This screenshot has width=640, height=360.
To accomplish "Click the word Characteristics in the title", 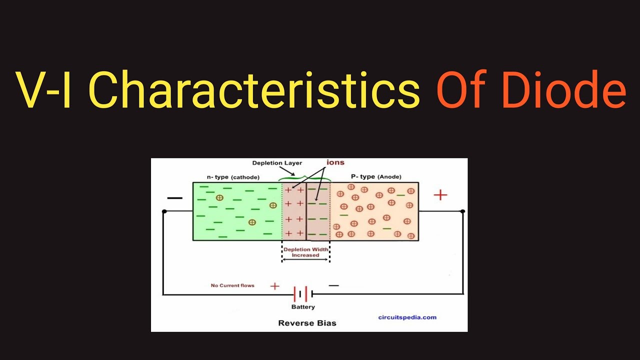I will tap(254, 90).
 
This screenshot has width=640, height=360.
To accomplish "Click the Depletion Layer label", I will tap(277, 163).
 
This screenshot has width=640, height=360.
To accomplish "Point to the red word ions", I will tap(335, 162).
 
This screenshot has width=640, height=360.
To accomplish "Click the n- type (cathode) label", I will tap(233, 177).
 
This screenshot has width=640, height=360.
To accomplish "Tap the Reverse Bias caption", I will tap(307, 323).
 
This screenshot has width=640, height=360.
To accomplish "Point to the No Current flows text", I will tap(232, 285).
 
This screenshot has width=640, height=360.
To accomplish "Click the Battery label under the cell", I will tap(303, 306).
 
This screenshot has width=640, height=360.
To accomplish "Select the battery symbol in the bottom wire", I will tap(303, 294).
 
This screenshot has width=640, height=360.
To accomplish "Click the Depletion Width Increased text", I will tap(305, 252).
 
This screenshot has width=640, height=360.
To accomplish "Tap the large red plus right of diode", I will tap(440, 195).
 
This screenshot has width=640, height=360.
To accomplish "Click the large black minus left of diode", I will tap(174, 198).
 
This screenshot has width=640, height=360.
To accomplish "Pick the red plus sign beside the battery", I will tap(274, 286).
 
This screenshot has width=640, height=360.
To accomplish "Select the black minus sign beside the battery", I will tap(333, 285).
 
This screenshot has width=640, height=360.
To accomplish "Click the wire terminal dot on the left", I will tap(164, 211).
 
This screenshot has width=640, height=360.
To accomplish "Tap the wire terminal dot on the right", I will tap(463, 211).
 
